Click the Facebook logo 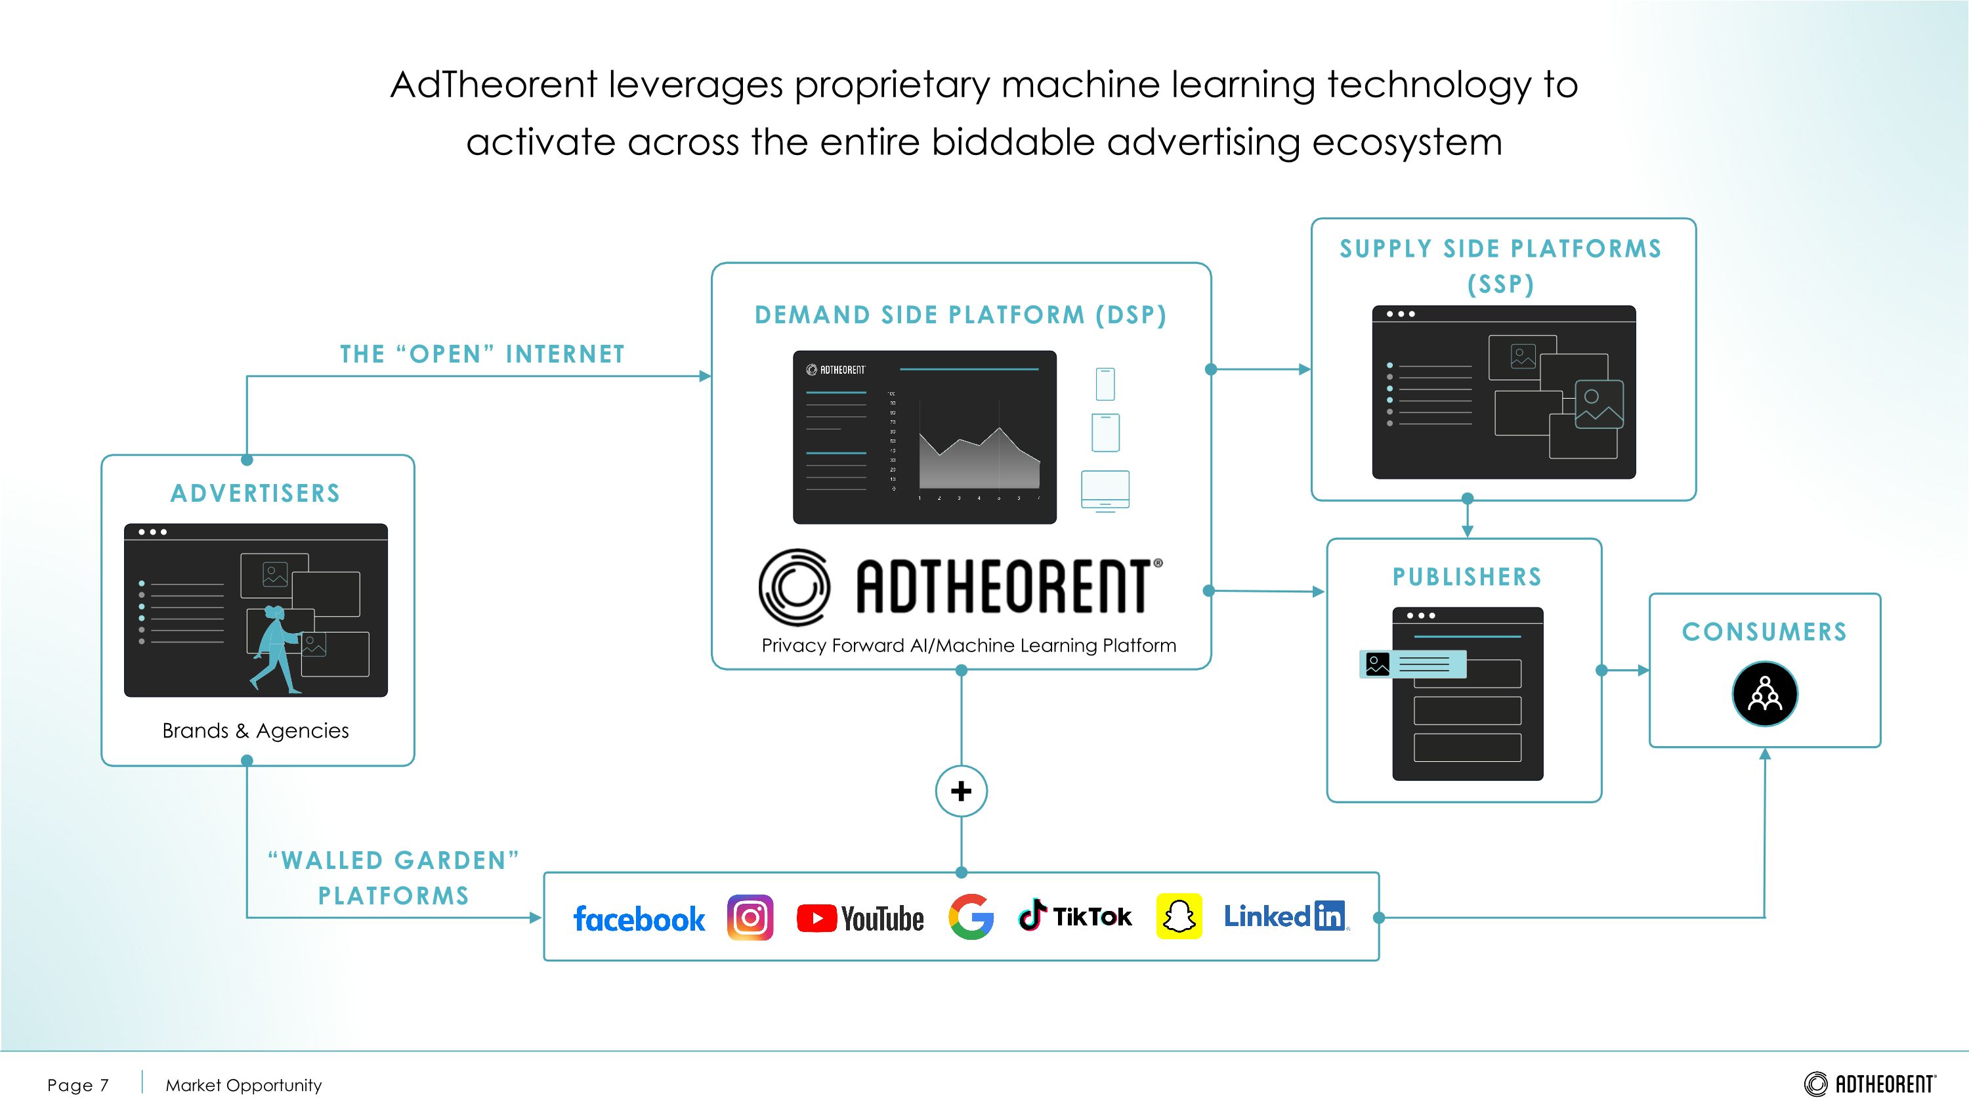[639, 918]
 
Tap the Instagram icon [750, 917]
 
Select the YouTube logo [860, 918]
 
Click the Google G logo [971, 916]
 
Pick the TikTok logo [1074, 916]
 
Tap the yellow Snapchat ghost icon [1179, 916]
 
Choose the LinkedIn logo [1285, 916]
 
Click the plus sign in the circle [961, 791]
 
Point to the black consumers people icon [1764, 694]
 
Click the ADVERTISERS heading [255, 493]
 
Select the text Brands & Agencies [255, 730]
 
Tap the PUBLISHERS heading [1467, 577]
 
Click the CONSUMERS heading [1764, 632]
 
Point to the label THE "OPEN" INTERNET [482, 354]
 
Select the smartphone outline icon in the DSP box [1105, 384]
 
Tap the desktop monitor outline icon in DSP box [1105, 490]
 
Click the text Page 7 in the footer [78, 1085]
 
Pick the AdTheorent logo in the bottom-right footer [1870, 1084]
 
